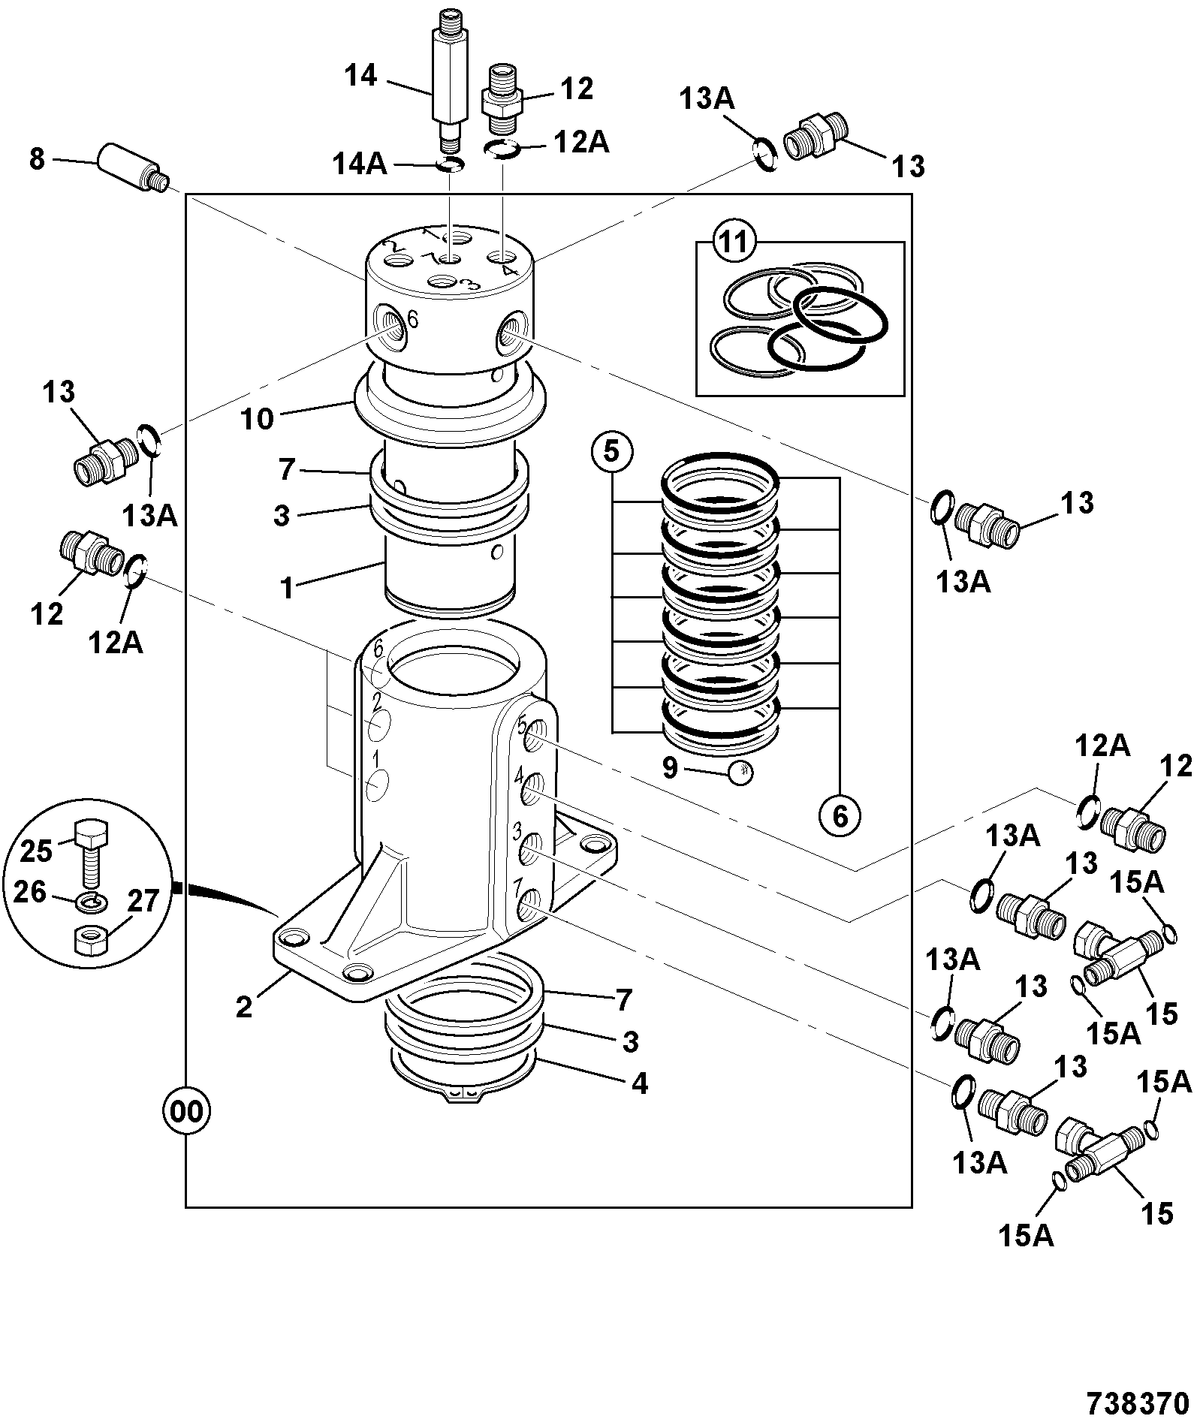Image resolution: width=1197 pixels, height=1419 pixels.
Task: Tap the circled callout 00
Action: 185,1112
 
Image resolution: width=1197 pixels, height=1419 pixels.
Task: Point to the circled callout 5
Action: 612,452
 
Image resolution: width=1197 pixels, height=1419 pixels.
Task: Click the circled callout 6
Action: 840,815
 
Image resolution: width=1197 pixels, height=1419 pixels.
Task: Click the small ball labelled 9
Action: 740,771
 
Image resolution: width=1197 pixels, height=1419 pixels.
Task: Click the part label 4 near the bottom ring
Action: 639,1083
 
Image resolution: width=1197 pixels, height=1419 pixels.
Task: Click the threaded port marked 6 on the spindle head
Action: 391,328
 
